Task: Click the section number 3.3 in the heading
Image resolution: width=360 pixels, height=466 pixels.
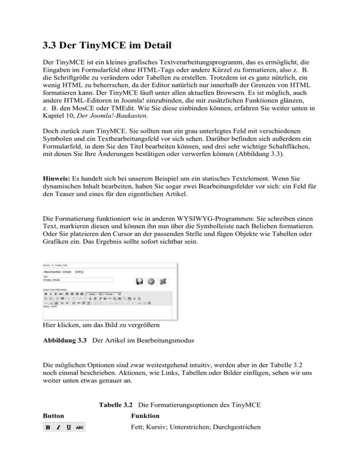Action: pyautogui.click(x=51, y=48)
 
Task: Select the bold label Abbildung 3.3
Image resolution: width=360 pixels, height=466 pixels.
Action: pyautogui.click(x=63, y=352)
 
